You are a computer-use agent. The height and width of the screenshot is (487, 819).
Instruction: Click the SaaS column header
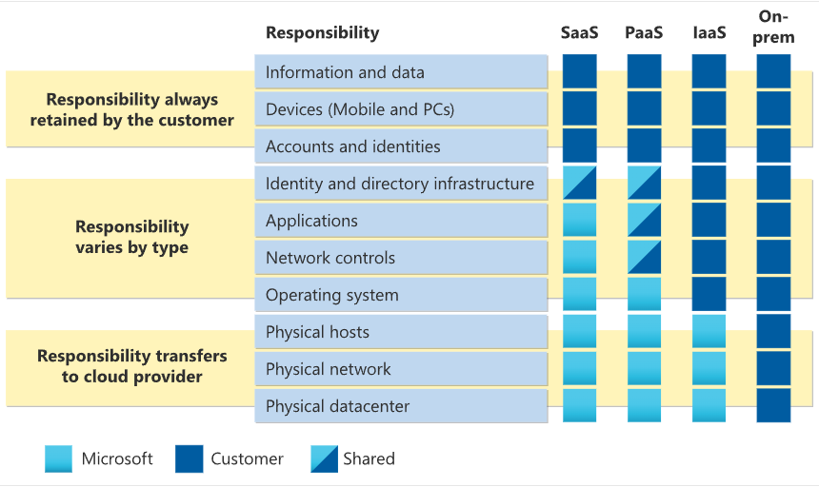[x=579, y=33]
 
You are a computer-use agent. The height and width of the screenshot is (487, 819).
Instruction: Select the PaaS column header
[x=644, y=33]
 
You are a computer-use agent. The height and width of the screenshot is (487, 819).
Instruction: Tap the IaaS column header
[x=709, y=33]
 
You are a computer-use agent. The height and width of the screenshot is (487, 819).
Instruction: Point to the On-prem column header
[x=773, y=27]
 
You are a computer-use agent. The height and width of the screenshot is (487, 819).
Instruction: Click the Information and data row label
[x=345, y=72]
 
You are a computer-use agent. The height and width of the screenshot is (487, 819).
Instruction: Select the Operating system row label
[x=331, y=295]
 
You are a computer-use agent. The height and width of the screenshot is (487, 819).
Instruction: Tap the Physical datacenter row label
[x=337, y=406]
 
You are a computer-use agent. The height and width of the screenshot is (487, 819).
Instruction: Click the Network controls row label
[x=330, y=258]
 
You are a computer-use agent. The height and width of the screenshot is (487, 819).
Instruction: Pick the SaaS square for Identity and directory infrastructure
[x=579, y=183]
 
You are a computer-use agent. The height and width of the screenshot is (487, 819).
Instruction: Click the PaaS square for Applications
[x=644, y=220]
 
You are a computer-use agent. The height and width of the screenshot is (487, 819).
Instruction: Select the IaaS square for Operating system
[x=709, y=294]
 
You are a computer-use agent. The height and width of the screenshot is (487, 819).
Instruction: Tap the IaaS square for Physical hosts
[x=709, y=331]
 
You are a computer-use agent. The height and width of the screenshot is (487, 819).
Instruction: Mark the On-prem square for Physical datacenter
[x=773, y=405]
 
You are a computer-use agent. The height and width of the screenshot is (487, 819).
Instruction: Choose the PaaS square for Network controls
[x=644, y=257]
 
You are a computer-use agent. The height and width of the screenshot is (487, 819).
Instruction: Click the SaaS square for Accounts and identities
[x=579, y=146]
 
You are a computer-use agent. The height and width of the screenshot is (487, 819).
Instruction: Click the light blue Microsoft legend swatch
[x=58, y=458]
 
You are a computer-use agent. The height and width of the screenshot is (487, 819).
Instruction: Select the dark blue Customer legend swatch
[x=189, y=458]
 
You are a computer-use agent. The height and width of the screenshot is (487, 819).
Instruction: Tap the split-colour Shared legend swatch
[x=324, y=458]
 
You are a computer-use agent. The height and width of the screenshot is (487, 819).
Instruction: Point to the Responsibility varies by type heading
[x=131, y=237]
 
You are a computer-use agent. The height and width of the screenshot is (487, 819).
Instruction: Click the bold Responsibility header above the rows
[x=322, y=33]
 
